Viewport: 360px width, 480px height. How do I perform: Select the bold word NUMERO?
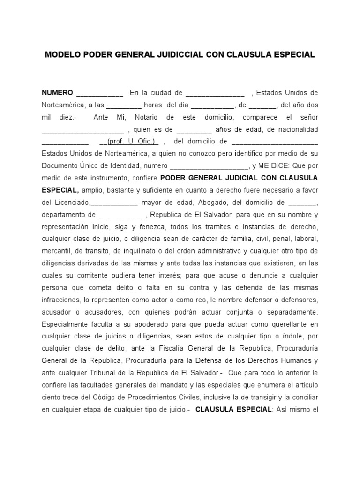(57, 93)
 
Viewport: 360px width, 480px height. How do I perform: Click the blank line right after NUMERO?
(99, 93)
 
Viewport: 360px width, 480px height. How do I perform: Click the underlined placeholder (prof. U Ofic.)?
(133, 142)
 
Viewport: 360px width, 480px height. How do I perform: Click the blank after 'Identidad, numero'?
(209, 166)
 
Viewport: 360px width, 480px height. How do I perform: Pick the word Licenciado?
(70, 202)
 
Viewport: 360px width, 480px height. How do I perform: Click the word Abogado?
(212, 202)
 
